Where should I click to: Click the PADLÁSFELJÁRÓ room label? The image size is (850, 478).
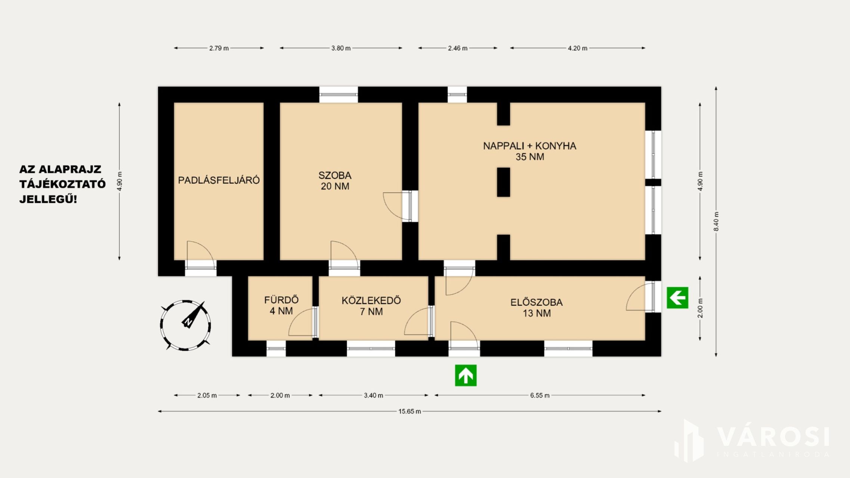(x=219, y=180)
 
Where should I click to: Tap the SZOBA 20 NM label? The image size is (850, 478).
(x=335, y=181)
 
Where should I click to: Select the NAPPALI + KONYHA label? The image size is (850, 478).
(x=529, y=146)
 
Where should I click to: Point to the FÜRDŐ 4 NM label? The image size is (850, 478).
(x=281, y=305)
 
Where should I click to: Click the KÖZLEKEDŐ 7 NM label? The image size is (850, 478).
(x=371, y=306)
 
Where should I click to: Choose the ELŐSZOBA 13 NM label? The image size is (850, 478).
(x=537, y=308)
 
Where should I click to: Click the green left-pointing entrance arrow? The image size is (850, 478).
(x=677, y=298)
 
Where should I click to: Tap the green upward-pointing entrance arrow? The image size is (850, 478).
(x=466, y=375)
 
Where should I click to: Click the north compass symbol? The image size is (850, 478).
(x=185, y=325)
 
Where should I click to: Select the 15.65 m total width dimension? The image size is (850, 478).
(x=409, y=412)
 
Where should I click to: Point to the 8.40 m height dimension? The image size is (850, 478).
(x=716, y=221)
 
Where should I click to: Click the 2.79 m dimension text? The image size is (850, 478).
(x=219, y=48)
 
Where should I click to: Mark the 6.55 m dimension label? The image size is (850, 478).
(x=540, y=395)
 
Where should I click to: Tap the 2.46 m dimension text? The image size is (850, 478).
(x=458, y=48)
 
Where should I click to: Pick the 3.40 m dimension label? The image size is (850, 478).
(x=374, y=395)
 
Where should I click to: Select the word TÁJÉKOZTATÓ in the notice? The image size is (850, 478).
(x=62, y=184)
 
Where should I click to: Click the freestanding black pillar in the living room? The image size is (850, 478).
(x=503, y=182)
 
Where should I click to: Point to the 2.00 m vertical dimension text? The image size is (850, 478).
(x=700, y=308)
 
